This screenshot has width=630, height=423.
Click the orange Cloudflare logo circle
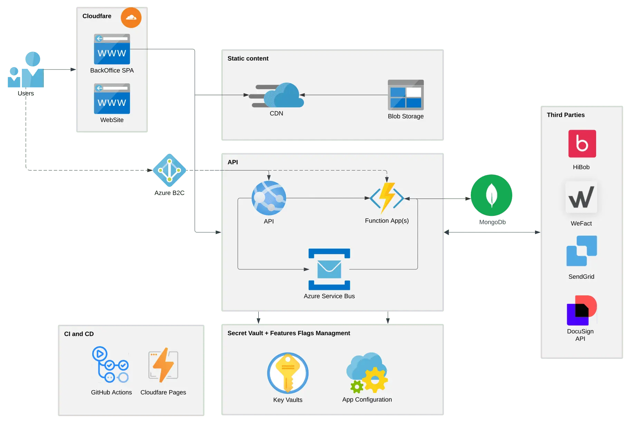(131, 18)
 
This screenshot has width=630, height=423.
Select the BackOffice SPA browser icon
(112, 49)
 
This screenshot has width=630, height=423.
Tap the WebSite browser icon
(112, 99)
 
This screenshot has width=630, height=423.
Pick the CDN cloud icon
(278, 95)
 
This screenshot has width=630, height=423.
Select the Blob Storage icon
(405, 95)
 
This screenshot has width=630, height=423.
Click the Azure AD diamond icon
(169, 170)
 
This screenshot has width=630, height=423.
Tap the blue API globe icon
(269, 198)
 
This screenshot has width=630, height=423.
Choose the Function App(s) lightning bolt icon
(386, 198)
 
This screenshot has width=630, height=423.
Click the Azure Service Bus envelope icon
(329, 269)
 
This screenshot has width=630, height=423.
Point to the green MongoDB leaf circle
(491, 195)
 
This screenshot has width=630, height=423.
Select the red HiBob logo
(582, 144)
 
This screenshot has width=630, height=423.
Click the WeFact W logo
(581, 197)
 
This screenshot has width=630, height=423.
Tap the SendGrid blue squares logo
(582, 251)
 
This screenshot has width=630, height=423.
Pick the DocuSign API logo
(581, 310)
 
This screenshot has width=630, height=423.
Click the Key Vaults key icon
(288, 373)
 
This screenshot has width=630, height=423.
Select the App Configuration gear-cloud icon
(367, 373)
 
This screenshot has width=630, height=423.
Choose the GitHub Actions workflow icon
(110, 365)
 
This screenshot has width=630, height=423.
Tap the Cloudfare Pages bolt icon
(163, 365)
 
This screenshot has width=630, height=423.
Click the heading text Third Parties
(565, 115)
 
